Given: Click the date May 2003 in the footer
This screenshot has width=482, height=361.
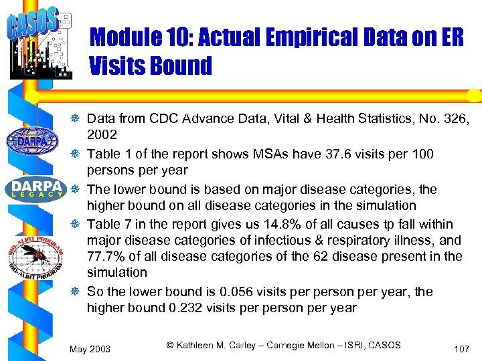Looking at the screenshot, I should tap(90, 348).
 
